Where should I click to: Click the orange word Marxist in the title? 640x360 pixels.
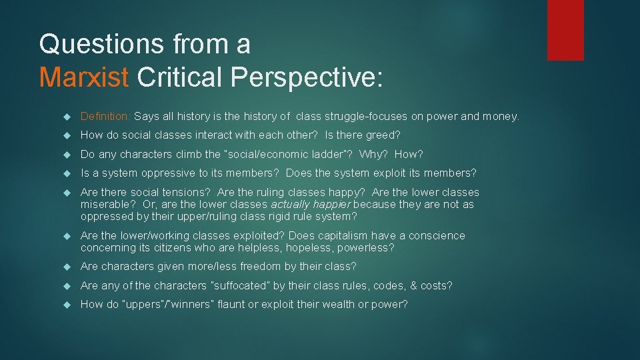tap(83, 77)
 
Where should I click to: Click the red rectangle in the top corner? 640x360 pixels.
tap(565, 30)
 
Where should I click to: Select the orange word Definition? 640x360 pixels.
tap(105, 116)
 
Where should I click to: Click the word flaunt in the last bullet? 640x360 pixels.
tap(241, 304)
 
